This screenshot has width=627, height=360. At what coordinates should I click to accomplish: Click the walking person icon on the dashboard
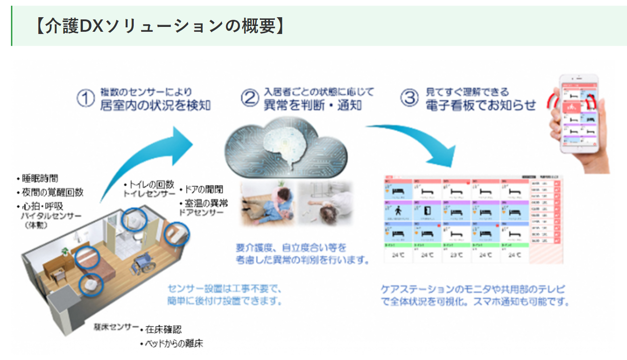(397, 211)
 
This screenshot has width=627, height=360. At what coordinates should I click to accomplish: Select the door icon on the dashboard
(427, 211)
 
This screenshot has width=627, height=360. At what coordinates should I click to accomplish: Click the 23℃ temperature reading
(456, 255)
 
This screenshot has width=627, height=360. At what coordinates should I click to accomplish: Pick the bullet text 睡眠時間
(39, 179)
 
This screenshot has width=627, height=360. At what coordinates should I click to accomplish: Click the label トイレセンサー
(149, 194)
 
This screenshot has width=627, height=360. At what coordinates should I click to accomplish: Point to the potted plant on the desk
(64, 252)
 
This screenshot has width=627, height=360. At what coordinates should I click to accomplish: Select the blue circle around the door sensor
(176, 235)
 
